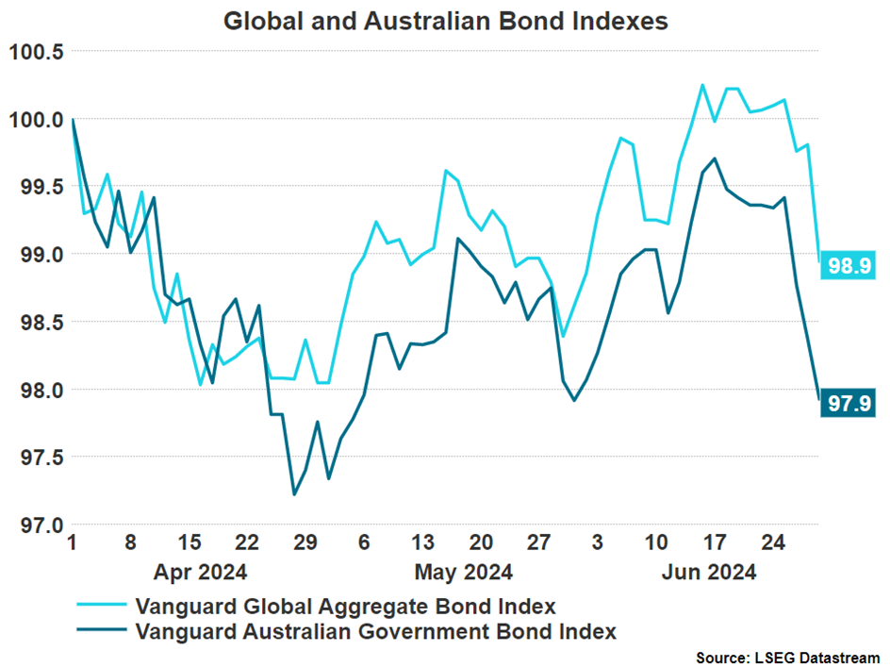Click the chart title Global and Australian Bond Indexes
tap(445, 21)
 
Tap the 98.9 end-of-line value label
tap(846, 266)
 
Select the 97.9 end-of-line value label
tap(846, 404)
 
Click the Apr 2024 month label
tap(202, 572)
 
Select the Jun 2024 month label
tap(709, 572)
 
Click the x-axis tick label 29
tap(305, 544)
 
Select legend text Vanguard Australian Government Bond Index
tap(376, 631)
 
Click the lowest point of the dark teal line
tap(294, 494)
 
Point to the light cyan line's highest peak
tap(702, 85)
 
